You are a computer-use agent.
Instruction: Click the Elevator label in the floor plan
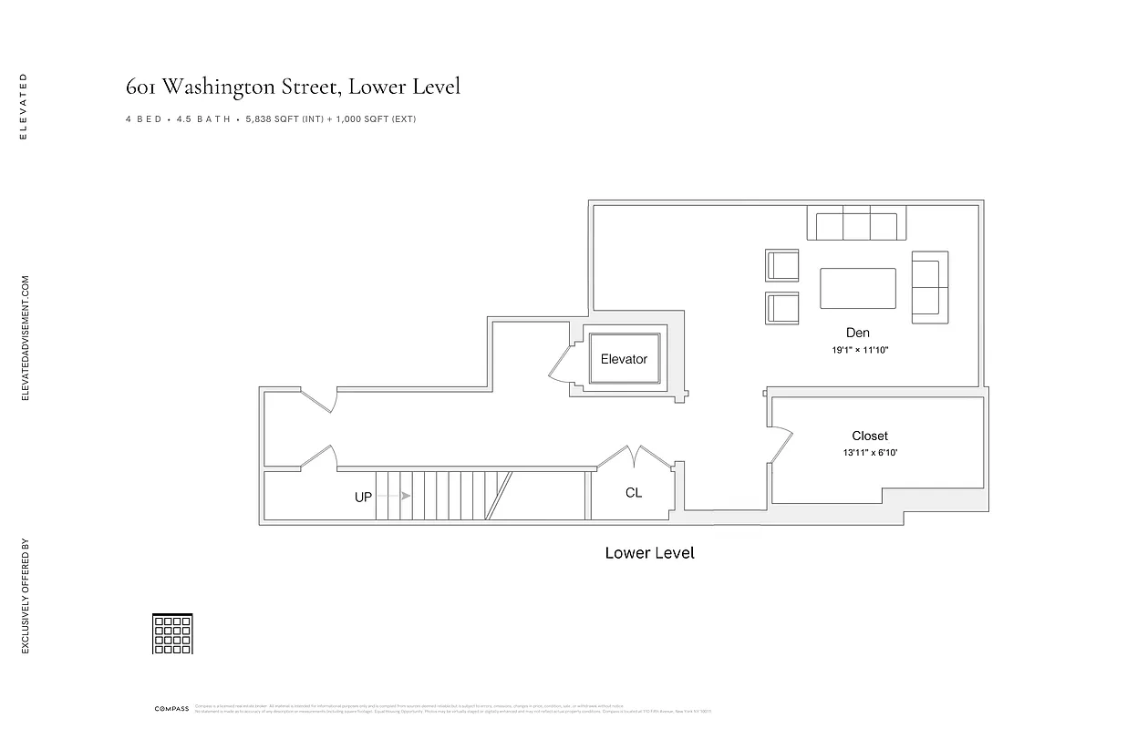pos(624,359)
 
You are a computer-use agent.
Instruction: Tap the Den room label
pos(857,334)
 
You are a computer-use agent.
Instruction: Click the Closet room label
pos(870,436)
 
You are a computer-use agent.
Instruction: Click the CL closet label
pos(634,493)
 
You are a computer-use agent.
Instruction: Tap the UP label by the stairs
pos(363,498)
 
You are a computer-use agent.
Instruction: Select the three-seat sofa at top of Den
pos(856,223)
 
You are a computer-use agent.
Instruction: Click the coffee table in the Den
pos(858,288)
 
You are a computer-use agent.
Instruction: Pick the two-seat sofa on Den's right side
pos(930,286)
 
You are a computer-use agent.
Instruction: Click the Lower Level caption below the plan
pos(649,553)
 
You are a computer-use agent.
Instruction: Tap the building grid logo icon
pos(172,633)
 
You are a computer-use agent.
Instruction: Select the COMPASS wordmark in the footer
pos(171,708)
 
